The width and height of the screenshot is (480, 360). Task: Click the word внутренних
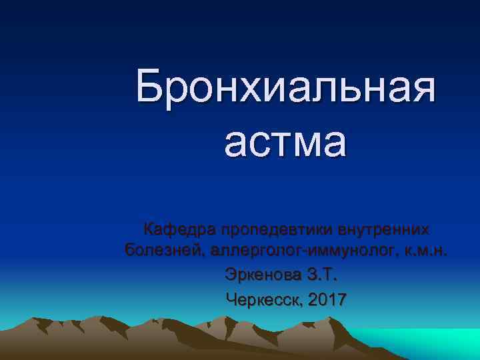click(x=384, y=229)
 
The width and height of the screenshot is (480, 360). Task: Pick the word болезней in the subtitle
click(x=163, y=251)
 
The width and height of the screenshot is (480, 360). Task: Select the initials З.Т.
click(x=327, y=275)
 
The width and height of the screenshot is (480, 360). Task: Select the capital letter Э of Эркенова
click(x=231, y=275)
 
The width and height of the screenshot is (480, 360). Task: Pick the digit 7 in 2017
click(x=341, y=299)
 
